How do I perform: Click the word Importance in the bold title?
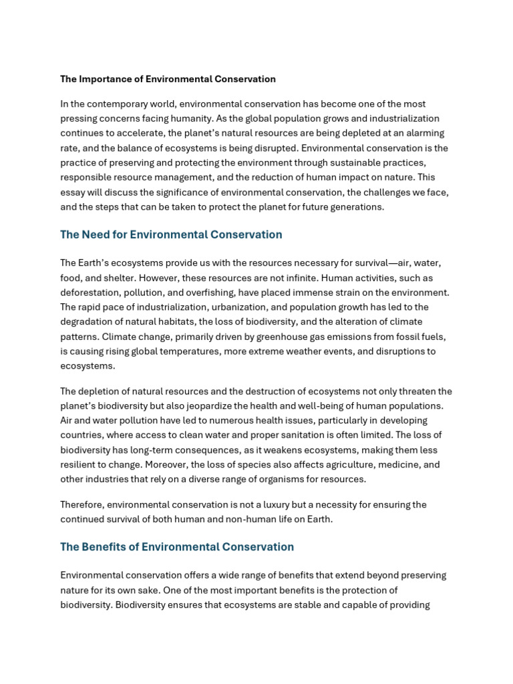coord(107,79)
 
